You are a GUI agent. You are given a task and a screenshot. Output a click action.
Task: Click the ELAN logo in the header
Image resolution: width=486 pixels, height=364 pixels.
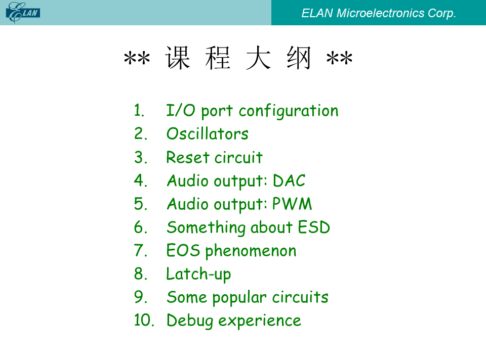click(23, 12)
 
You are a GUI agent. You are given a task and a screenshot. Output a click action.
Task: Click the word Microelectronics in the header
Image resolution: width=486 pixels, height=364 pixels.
click(380, 13)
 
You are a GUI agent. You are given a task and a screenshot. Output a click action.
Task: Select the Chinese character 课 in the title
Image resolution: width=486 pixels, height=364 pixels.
click(178, 58)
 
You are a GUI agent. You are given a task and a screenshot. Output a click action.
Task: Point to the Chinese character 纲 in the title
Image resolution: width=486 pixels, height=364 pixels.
click(299, 58)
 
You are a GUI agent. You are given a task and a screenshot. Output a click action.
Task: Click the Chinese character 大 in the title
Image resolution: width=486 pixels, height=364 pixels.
click(258, 58)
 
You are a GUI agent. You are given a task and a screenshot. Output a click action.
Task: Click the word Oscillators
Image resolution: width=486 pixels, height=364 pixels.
click(208, 134)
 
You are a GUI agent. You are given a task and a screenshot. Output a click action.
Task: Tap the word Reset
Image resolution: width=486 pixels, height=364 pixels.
click(188, 157)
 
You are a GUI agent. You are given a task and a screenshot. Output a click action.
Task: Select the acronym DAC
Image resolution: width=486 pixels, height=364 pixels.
click(289, 180)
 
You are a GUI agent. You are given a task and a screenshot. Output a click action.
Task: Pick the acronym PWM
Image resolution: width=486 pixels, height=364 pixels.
click(292, 204)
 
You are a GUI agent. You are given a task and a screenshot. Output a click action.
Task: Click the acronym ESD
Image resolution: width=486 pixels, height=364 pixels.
click(314, 227)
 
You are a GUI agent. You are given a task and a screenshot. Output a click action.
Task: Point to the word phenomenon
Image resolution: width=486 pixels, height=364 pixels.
click(251, 251)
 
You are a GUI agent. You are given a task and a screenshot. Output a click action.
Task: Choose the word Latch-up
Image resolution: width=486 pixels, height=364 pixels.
click(198, 275)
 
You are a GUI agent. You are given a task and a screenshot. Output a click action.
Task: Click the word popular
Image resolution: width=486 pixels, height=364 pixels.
click(239, 298)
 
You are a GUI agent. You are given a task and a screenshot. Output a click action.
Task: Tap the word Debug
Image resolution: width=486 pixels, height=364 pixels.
click(190, 321)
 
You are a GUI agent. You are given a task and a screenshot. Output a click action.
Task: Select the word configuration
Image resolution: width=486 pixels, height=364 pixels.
click(289, 111)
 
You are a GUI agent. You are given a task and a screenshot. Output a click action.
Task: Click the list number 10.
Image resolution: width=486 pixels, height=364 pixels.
click(144, 320)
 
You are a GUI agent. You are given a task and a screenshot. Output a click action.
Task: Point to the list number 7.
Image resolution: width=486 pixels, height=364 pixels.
click(140, 250)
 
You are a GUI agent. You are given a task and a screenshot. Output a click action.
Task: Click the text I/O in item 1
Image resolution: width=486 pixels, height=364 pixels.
click(181, 111)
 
